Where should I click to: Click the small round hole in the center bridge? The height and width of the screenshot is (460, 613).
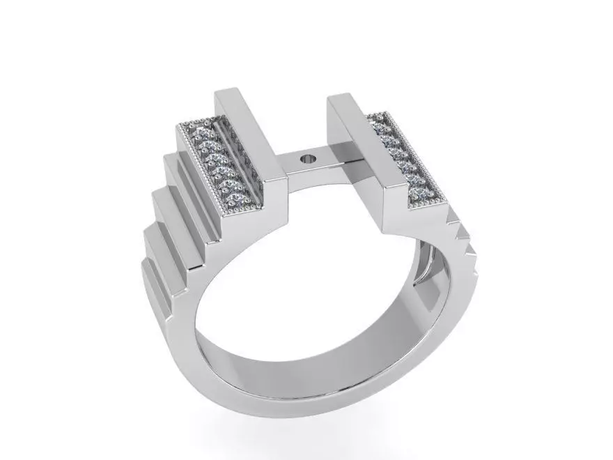(307, 160)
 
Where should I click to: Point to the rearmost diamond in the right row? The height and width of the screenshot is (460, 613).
(380, 128)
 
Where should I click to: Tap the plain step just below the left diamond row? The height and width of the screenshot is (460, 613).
(188, 174)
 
